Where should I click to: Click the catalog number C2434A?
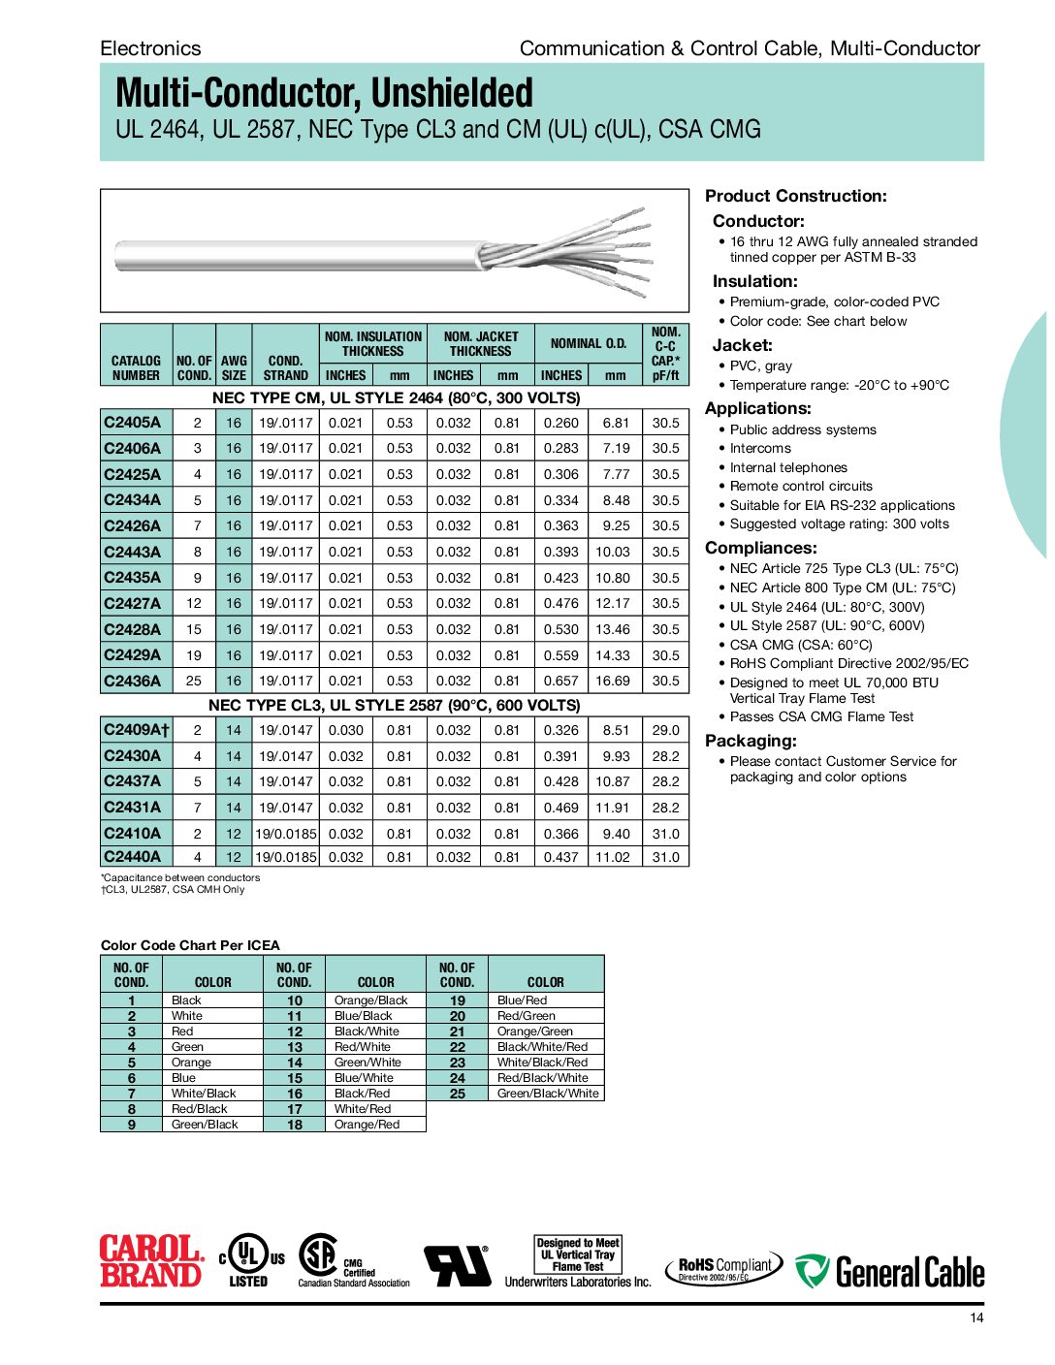[133, 500]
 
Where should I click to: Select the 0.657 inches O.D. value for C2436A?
[560, 681]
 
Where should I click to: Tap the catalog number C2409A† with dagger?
[136, 730]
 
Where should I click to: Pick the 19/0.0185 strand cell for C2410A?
[286, 834]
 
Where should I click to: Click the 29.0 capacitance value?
[665, 730]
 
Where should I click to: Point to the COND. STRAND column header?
[286, 367]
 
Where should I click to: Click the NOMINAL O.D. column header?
[589, 343]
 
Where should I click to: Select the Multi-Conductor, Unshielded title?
[324, 93]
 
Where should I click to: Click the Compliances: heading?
[760, 548]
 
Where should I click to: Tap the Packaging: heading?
[751, 741]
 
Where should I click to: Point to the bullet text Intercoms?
[760, 448]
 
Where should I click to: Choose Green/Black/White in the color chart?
[548, 1094]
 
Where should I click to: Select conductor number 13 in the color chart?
[295, 1047]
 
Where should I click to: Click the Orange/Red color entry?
[367, 1125]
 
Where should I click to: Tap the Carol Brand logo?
[151, 1260]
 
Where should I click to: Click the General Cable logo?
[890, 1271]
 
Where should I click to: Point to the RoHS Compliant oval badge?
[723, 1267]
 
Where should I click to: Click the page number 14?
[976, 1317]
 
